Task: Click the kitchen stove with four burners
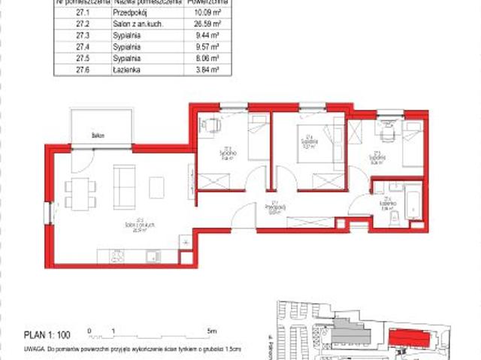[117, 257]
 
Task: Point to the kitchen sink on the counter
[151, 256]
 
